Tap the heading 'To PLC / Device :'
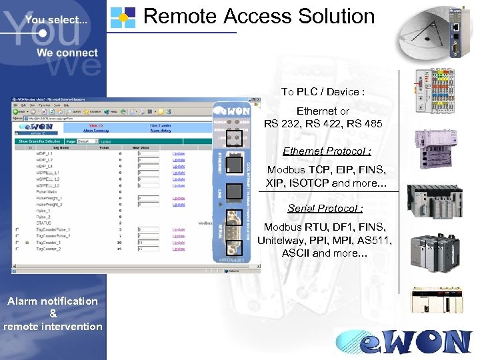pyautogui.click(x=323, y=91)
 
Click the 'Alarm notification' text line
pyautogui.click(x=53, y=301)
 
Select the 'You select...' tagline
pyautogui.click(x=56, y=20)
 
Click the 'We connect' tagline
pyautogui.click(x=67, y=53)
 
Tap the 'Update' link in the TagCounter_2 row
pyautogui.click(x=179, y=249)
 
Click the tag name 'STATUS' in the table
pyautogui.click(x=43, y=223)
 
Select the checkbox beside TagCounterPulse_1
pyautogui.click(x=19, y=229)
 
